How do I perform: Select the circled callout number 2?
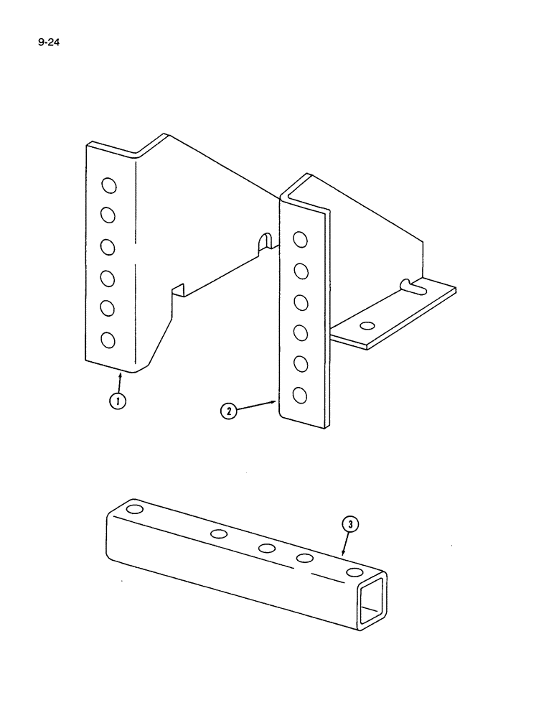[x=227, y=411]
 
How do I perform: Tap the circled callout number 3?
[x=349, y=526]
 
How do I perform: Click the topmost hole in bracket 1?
[x=109, y=186]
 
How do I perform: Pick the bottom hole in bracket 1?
[x=109, y=339]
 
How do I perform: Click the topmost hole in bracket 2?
[x=301, y=239]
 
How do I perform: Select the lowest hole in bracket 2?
[x=301, y=395]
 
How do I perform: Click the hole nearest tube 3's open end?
[x=354, y=572]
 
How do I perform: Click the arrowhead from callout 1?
[x=121, y=375]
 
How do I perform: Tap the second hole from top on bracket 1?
[x=109, y=215]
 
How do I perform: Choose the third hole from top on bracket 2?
[x=301, y=302]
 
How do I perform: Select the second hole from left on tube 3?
[x=219, y=533]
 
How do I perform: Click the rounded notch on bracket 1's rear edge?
[x=265, y=241]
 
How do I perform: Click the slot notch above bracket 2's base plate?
[x=411, y=286]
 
